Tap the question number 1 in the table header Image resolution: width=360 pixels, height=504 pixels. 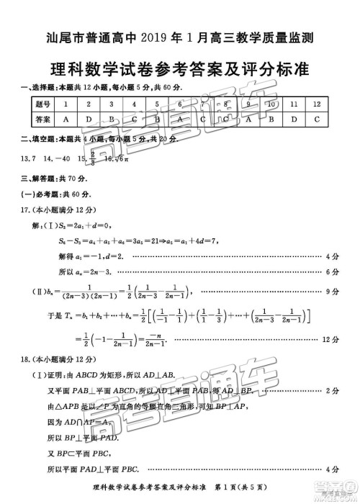pos(66,105)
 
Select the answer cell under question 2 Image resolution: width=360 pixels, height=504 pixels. pos(89,120)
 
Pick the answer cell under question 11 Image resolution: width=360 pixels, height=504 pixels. pos(294,120)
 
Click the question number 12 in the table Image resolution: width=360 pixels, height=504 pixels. pos(317,105)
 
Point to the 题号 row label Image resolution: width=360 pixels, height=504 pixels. pos(43,105)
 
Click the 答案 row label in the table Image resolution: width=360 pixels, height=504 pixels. pos(43,120)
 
